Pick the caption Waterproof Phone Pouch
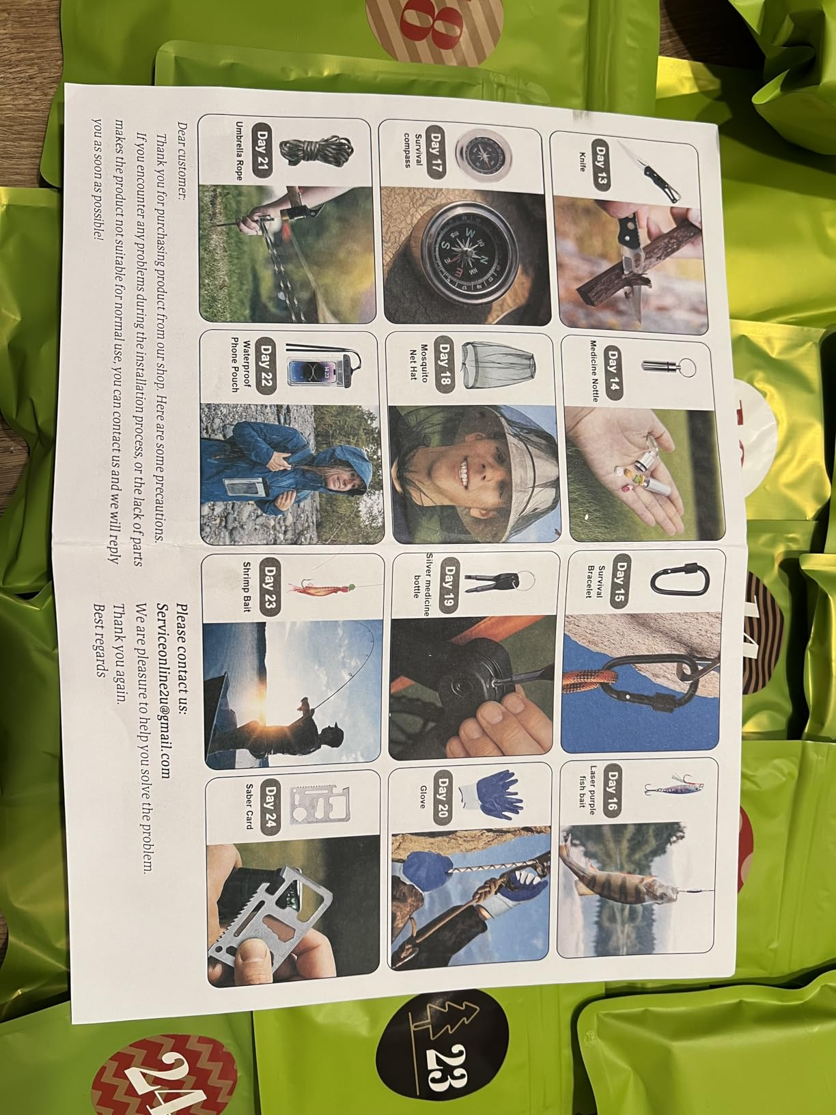242,363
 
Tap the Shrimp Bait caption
247,586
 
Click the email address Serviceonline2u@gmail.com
164,690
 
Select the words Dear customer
182,161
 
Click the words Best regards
100,640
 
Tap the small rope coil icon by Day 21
326,152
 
